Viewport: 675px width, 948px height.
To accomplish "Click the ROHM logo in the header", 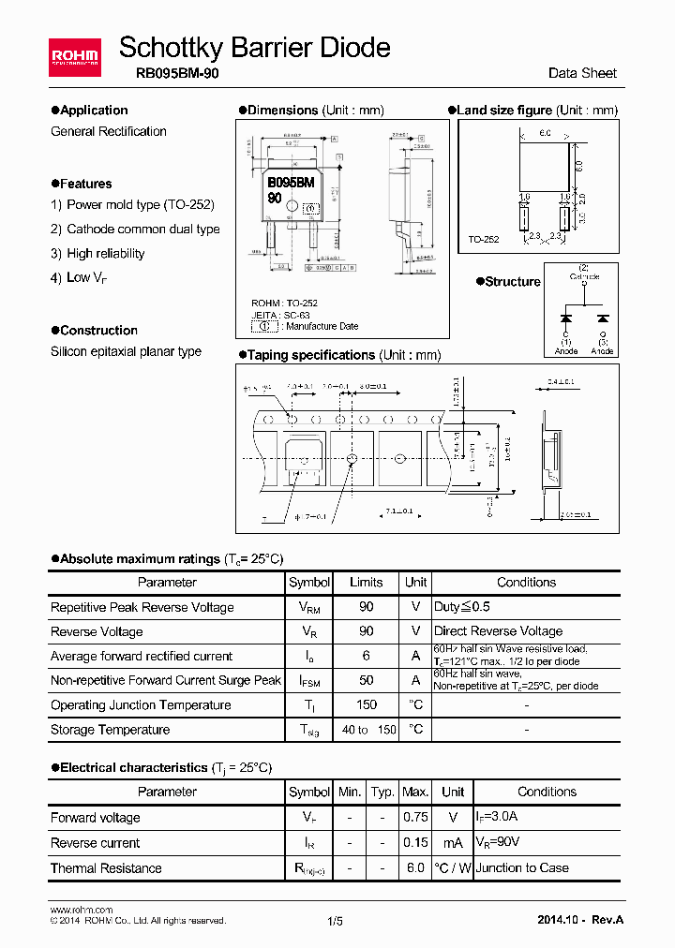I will (x=75, y=58).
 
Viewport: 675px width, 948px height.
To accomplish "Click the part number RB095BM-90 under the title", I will (x=170, y=73).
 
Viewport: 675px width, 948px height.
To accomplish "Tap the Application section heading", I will (x=94, y=111).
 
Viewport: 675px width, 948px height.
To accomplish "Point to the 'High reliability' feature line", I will (x=105, y=253).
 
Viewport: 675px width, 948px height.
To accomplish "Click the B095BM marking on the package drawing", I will (x=291, y=183).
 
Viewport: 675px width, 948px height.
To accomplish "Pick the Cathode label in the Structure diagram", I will (x=584, y=276).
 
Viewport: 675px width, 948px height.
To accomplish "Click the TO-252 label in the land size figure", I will (x=484, y=240).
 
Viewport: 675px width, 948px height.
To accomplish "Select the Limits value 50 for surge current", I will (x=367, y=681).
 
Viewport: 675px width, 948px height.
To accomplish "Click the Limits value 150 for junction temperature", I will (x=367, y=705).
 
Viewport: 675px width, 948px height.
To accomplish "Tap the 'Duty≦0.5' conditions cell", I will (x=461, y=607).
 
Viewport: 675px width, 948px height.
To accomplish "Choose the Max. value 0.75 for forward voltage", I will (x=415, y=817).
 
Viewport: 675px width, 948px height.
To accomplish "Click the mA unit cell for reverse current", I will (x=453, y=842).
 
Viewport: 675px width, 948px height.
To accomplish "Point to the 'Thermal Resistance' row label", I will (x=106, y=867).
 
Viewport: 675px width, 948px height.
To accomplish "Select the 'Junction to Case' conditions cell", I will (x=523, y=867).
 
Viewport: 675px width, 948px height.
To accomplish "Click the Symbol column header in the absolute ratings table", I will (x=309, y=582).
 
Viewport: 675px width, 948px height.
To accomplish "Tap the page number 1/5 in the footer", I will (x=336, y=922).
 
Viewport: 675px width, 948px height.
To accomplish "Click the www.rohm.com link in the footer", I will (x=81, y=910).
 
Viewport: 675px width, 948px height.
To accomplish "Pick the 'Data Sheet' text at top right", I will (x=582, y=73).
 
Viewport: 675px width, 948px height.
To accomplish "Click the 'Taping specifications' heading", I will (x=311, y=355).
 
